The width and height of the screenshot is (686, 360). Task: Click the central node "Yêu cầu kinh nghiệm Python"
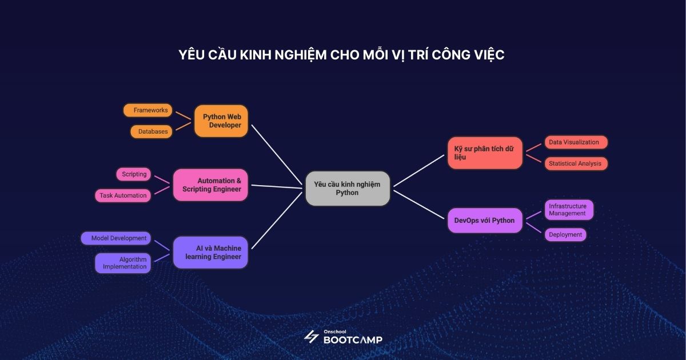348,189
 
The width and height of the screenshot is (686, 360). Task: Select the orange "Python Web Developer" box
221,121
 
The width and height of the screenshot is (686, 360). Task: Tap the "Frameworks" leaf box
148,110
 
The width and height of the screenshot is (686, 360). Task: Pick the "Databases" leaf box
151,132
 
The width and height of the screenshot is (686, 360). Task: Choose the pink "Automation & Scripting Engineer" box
210,185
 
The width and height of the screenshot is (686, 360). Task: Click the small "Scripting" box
134,174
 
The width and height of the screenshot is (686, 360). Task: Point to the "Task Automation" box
123,195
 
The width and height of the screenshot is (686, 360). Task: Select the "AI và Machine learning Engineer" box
210,252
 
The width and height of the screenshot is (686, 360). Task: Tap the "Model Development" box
116,238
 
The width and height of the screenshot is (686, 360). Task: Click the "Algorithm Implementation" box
123,263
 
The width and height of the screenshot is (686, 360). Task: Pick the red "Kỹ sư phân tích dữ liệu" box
485,153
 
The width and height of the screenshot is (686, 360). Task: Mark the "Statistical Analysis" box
576,163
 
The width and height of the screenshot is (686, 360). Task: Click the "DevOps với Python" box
485,221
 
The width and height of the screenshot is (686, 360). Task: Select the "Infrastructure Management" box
569,210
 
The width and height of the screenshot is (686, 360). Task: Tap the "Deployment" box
565,234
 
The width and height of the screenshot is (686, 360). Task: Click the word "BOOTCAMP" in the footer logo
353,339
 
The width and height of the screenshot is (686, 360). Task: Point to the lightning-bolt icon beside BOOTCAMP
311,337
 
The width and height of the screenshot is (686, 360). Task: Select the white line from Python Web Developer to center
276,154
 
